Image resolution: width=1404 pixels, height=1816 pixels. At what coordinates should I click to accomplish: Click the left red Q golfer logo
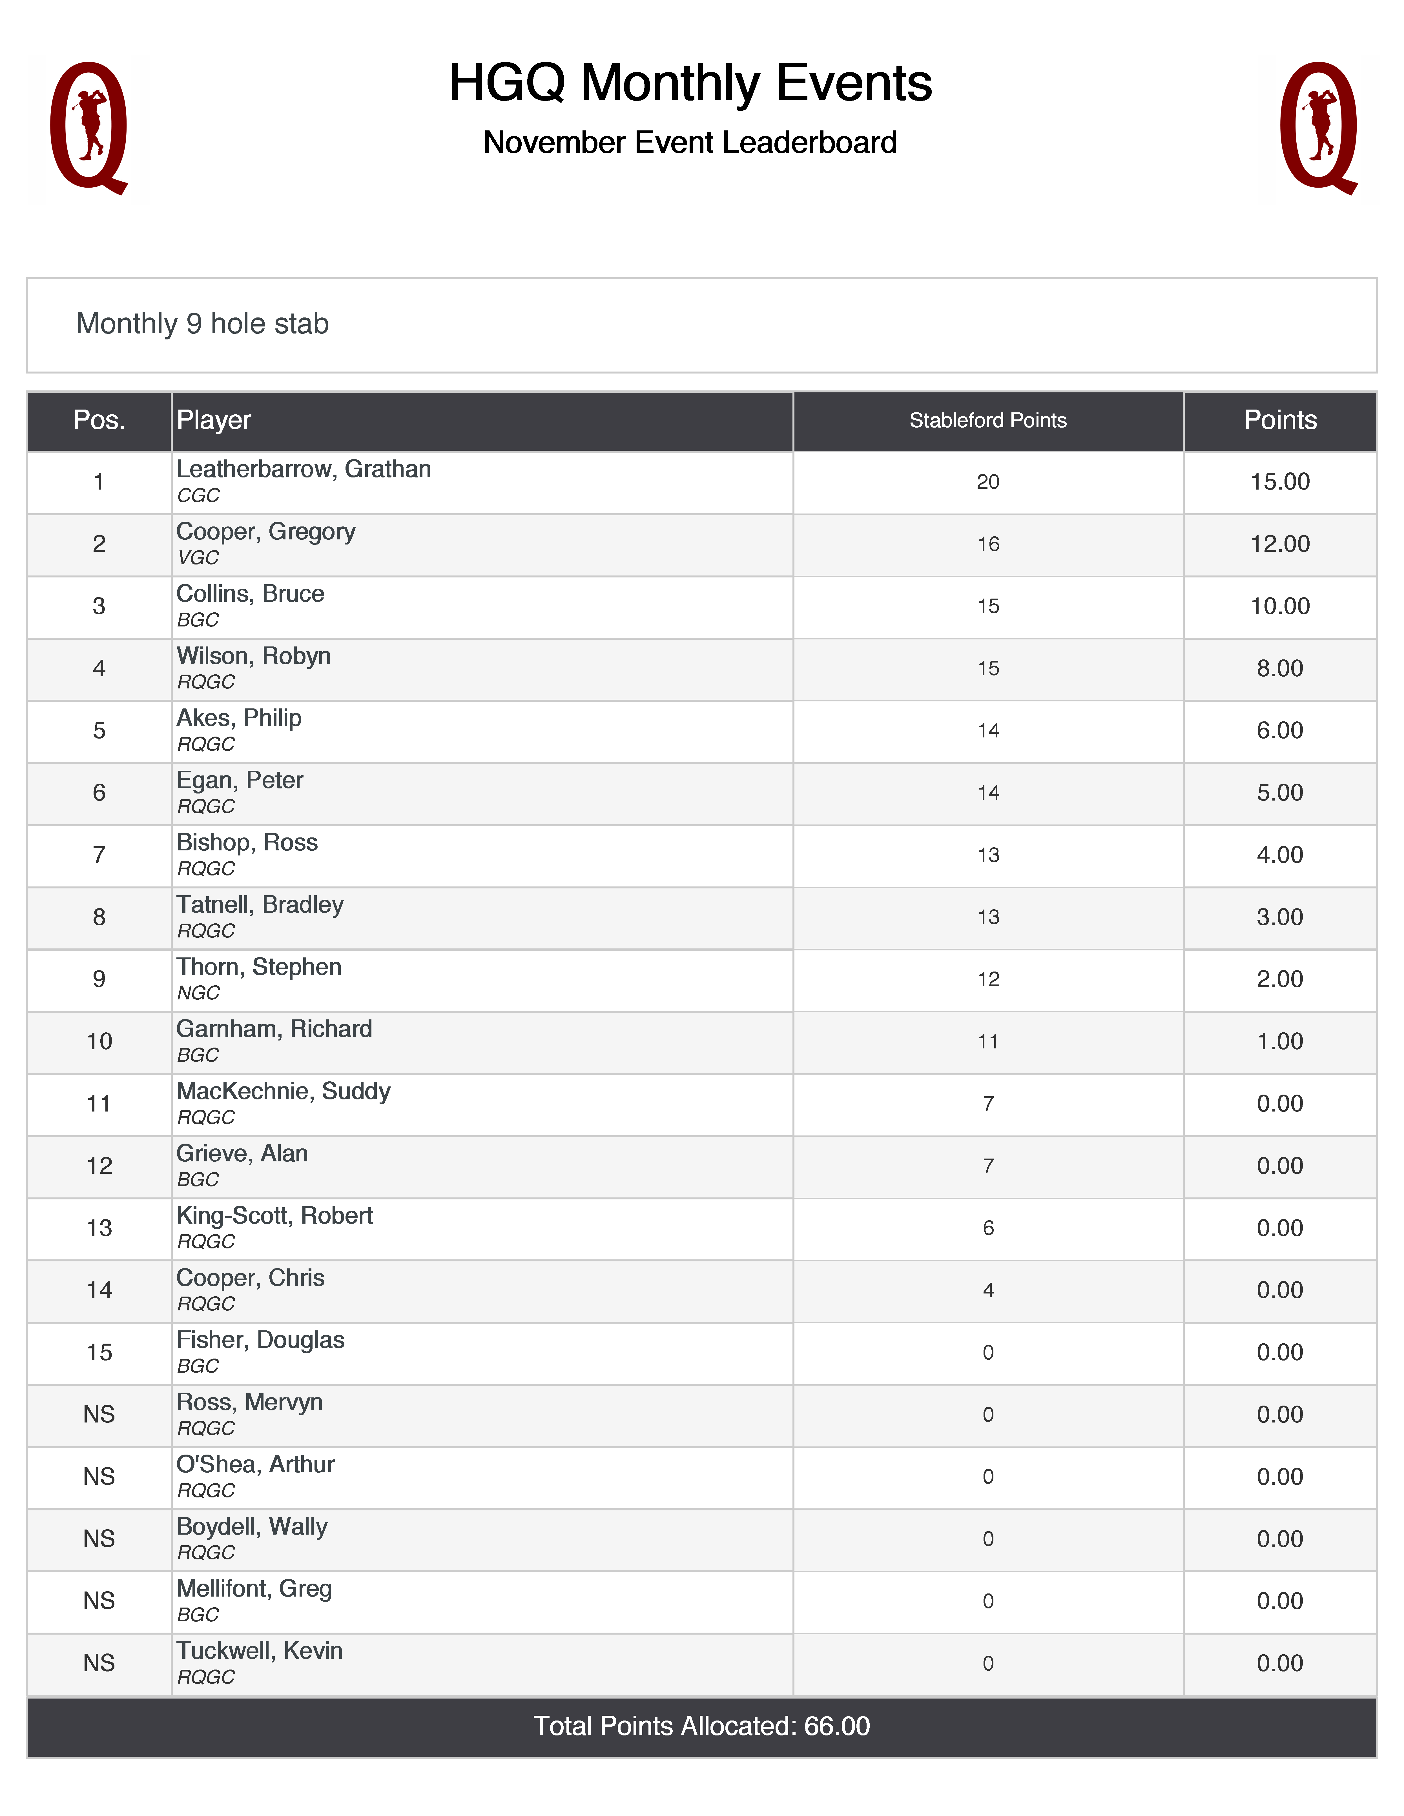click(88, 127)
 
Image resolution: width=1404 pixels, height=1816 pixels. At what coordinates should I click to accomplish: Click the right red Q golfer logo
click(1318, 127)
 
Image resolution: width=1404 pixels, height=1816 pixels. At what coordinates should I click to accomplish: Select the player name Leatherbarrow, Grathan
click(304, 470)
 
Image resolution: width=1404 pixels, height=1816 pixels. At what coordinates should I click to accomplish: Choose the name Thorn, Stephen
click(259, 967)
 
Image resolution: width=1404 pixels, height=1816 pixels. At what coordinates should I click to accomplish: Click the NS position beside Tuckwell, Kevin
click(99, 1663)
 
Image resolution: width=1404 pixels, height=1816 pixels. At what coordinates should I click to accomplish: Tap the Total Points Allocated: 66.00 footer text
click(701, 1726)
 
